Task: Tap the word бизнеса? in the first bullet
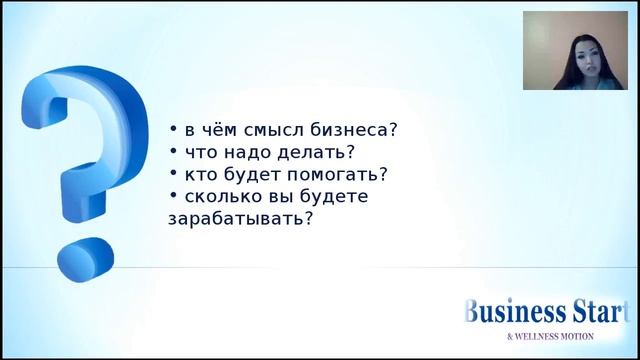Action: pos(355,130)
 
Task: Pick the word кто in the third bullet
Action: pos(200,174)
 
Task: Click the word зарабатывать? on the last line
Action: pos(239,218)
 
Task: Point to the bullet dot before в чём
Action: pos(172,129)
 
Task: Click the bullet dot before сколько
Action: pos(172,195)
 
